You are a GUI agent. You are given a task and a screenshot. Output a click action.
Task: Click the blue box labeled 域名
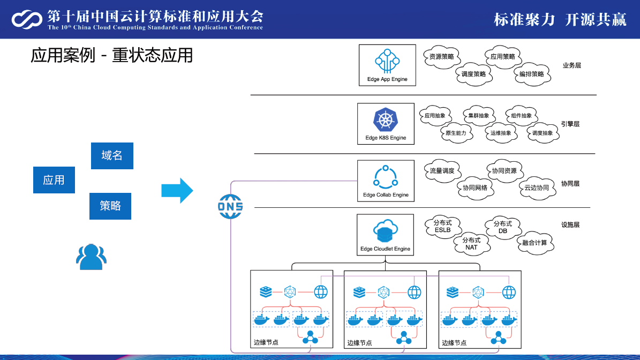pyautogui.click(x=112, y=155)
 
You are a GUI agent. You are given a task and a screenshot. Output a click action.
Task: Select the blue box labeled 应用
pyautogui.click(x=54, y=180)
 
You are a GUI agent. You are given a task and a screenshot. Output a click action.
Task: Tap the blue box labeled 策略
pyautogui.click(x=110, y=206)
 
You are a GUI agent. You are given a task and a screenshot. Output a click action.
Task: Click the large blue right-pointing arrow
pyautogui.click(x=177, y=191)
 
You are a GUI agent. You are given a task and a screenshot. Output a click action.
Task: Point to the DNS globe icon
pyautogui.click(x=230, y=207)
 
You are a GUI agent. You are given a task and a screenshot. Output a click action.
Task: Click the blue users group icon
pyautogui.click(x=91, y=257)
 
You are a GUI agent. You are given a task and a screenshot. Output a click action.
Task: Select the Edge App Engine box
pyautogui.click(x=387, y=65)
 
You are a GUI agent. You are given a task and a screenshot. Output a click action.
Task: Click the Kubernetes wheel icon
pyautogui.click(x=386, y=119)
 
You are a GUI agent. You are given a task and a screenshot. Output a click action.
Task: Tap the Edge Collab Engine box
pyautogui.click(x=386, y=181)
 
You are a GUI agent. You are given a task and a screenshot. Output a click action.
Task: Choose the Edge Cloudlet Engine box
pyautogui.click(x=385, y=235)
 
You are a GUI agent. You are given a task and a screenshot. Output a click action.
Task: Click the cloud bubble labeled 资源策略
pyautogui.click(x=442, y=57)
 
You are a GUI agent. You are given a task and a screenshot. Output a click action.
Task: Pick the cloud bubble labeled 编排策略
pyautogui.click(x=532, y=74)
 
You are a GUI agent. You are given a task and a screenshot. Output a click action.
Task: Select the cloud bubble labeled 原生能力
pyautogui.click(x=456, y=133)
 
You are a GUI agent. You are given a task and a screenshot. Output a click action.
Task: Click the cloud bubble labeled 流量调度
pyautogui.click(x=442, y=170)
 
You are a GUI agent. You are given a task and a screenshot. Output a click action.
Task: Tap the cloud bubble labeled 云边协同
pyautogui.click(x=537, y=187)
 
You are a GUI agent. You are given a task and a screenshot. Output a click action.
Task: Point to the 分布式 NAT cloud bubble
pyautogui.click(x=471, y=244)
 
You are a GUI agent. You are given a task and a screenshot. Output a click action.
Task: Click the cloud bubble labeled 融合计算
pyautogui.click(x=534, y=243)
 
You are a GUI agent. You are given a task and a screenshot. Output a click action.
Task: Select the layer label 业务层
pyautogui.click(x=572, y=65)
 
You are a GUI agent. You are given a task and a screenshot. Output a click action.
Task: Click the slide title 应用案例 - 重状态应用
pyautogui.click(x=111, y=56)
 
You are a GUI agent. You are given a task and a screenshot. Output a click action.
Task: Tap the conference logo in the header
pyautogui.click(x=27, y=19)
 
